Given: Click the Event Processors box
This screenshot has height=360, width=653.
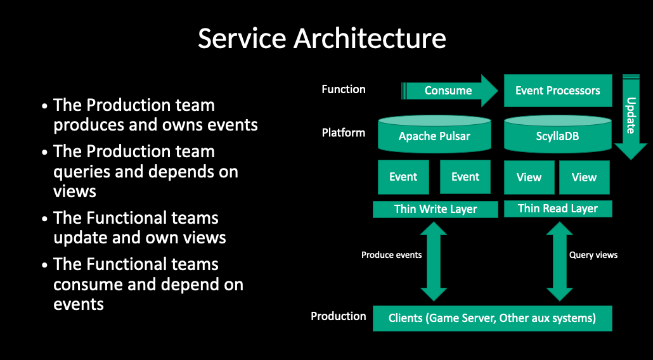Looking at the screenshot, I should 557,91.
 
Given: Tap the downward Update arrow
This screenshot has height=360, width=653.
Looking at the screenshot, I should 631,117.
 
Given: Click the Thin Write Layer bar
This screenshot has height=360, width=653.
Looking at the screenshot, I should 435,209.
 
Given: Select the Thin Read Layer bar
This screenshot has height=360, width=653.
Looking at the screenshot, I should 557,209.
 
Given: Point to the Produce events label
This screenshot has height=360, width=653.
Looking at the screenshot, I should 391,255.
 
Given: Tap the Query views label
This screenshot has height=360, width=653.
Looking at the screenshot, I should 593,255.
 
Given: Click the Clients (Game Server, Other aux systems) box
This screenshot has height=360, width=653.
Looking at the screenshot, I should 492,318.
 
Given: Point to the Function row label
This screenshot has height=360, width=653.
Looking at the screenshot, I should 344,89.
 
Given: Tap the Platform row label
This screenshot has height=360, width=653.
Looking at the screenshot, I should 344,133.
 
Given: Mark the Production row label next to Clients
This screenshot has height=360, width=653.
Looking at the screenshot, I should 338,316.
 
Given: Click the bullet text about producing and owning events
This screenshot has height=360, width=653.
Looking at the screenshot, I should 155,115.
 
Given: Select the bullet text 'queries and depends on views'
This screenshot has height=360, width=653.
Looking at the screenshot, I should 146,171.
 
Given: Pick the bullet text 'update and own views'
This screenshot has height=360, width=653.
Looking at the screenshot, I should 139,228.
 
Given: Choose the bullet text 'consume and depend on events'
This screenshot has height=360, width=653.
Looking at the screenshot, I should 148,284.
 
